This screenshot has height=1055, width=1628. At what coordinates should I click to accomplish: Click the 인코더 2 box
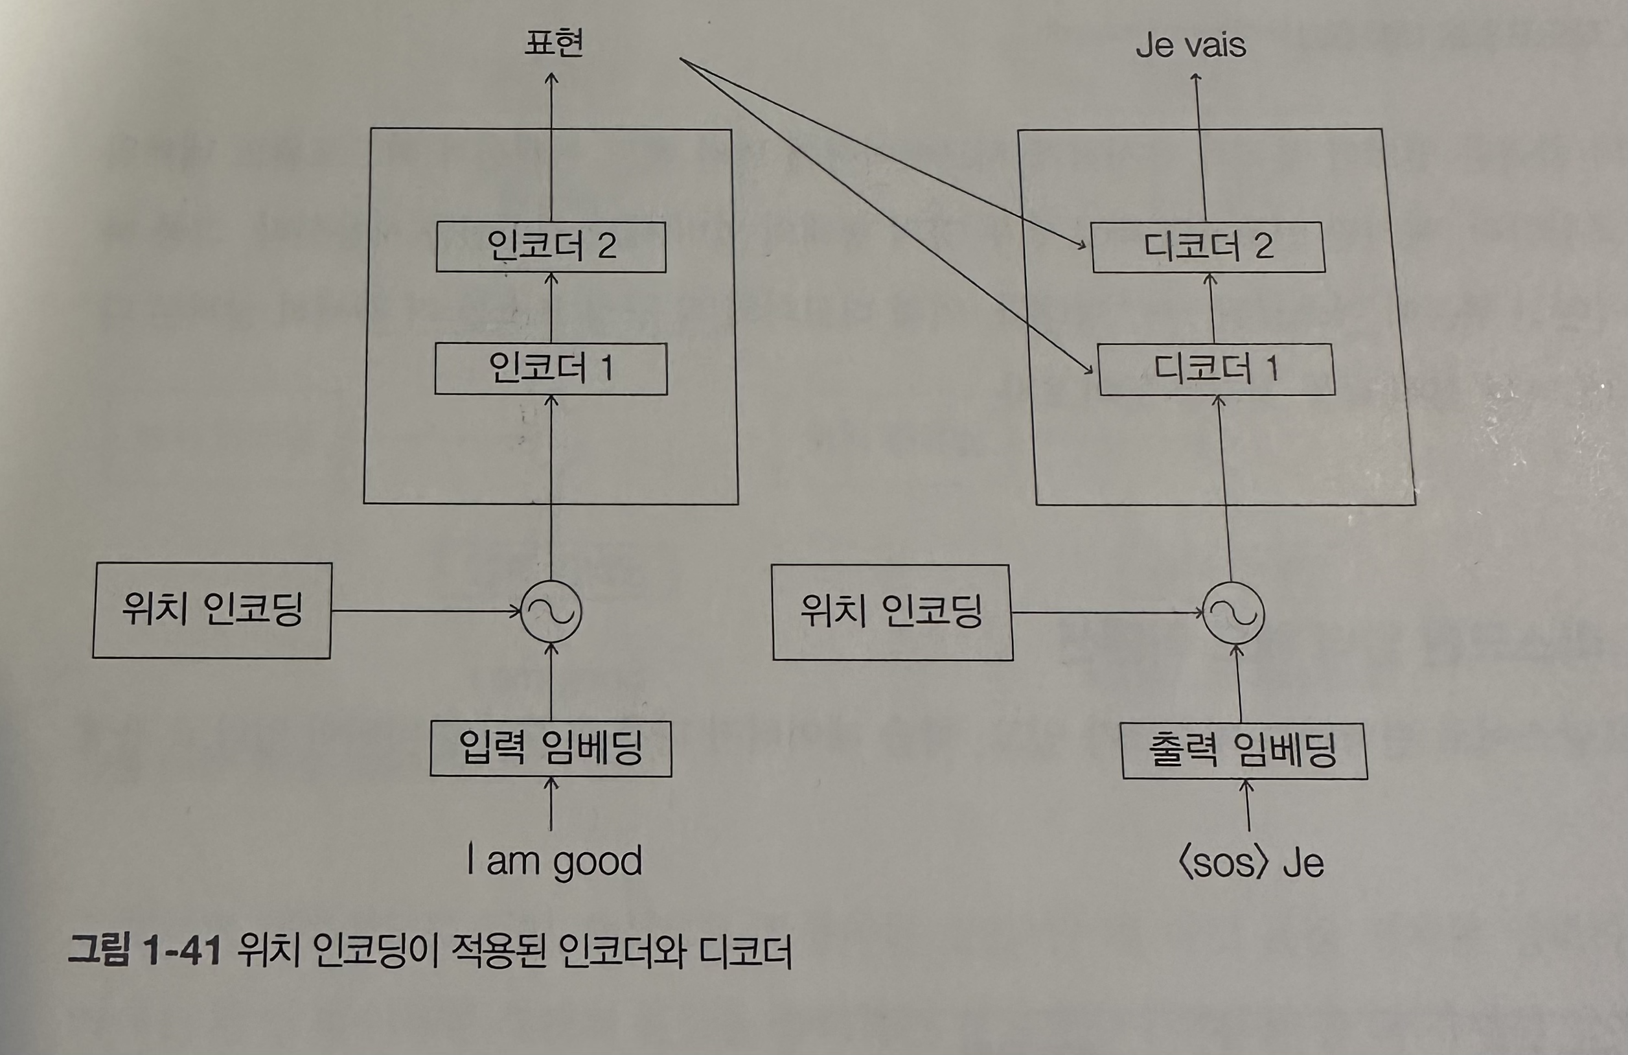551,246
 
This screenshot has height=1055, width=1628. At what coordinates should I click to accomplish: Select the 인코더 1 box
551,369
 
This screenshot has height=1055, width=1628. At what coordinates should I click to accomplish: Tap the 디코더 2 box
1208,247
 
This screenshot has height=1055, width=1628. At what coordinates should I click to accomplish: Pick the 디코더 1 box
1216,369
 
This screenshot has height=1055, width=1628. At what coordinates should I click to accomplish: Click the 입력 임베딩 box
551,748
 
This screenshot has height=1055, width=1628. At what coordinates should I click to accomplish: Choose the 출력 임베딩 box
1244,750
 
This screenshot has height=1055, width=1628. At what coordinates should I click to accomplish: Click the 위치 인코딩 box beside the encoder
212,610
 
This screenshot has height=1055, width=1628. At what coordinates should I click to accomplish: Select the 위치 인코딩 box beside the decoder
892,612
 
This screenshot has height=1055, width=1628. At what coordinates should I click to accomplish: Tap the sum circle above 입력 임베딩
551,612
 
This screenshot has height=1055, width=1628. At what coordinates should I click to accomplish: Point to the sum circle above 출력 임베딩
1234,613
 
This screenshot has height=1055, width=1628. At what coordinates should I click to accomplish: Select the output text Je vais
1191,45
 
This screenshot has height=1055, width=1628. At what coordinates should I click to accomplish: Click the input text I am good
554,861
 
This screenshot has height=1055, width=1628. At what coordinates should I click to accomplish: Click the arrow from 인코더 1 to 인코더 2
551,308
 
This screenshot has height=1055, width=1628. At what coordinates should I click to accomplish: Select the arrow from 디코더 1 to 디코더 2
1211,308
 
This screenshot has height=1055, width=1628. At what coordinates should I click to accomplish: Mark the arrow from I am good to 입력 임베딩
551,805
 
